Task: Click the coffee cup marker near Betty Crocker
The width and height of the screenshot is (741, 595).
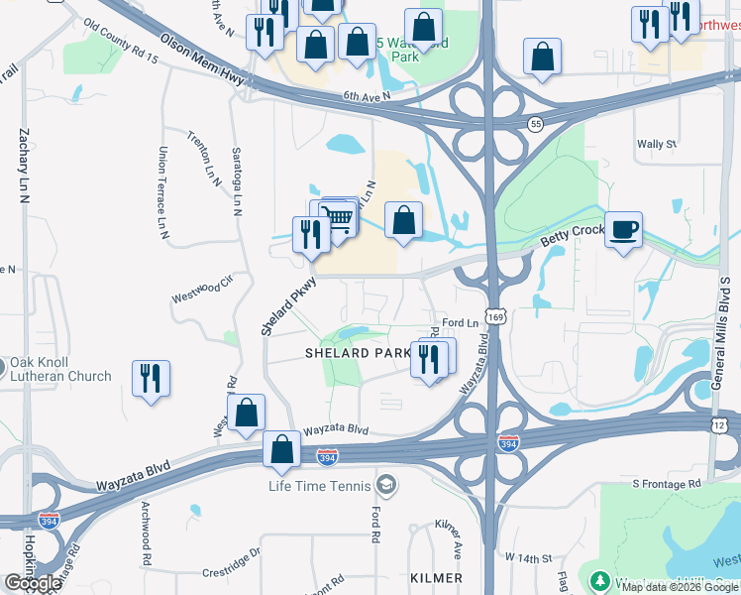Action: click(623, 230)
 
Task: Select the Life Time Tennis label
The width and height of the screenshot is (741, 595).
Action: click(319, 486)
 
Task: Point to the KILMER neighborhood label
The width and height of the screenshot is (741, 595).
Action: click(435, 577)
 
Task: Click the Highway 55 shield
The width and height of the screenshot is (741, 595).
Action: click(535, 124)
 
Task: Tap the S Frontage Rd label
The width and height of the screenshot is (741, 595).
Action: click(667, 483)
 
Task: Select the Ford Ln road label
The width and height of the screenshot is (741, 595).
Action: click(461, 323)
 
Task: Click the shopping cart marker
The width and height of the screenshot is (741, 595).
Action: click(339, 216)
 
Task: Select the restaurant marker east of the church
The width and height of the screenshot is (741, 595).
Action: click(151, 379)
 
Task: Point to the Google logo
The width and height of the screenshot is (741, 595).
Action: click(33, 583)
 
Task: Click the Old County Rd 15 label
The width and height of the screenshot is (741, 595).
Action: click(121, 42)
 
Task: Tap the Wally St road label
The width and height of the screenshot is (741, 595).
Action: click(657, 144)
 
